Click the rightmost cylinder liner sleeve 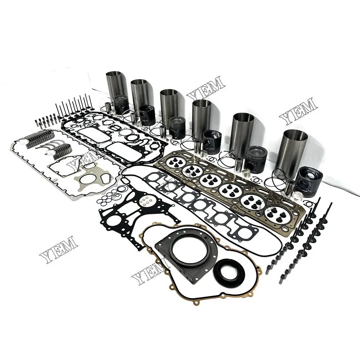tap(295, 148)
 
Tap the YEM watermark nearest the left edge tap(57, 248)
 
